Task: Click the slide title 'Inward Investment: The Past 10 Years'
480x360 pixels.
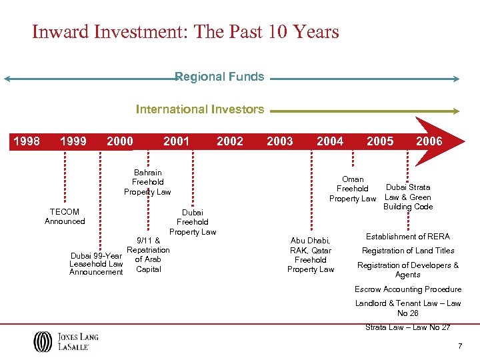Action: [x=185, y=31]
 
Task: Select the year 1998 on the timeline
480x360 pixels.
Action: [x=27, y=141]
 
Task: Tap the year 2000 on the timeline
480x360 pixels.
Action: [x=120, y=141]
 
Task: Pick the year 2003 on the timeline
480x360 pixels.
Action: [x=279, y=141]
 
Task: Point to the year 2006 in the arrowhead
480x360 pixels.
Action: [x=429, y=141]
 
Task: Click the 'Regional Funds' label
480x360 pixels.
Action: [x=219, y=77]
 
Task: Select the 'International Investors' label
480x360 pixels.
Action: [x=200, y=109]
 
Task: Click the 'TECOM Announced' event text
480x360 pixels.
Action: [x=65, y=217]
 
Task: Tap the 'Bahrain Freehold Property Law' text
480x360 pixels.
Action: [x=147, y=182]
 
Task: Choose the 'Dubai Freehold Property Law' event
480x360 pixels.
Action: [x=193, y=222]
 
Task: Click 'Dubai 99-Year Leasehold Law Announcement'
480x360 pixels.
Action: [x=97, y=263]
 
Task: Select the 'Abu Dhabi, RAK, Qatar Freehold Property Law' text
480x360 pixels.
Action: [x=311, y=255]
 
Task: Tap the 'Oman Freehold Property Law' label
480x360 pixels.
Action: [x=353, y=189]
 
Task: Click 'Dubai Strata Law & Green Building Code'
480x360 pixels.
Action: [x=408, y=197]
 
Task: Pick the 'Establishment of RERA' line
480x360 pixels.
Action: [x=408, y=237]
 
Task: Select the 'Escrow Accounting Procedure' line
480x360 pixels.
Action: [x=408, y=289]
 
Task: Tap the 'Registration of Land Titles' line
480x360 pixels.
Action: [x=408, y=251]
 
